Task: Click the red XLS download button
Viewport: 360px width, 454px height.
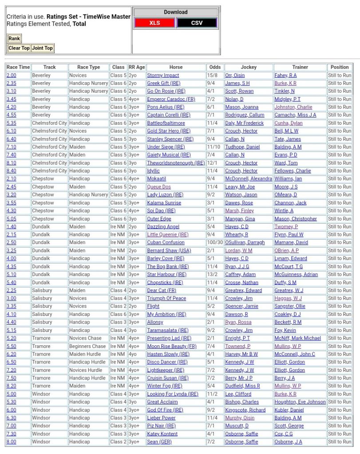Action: (x=154, y=23)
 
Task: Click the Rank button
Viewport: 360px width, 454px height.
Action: (x=14, y=39)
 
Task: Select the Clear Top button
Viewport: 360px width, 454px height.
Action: (x=19, y=48)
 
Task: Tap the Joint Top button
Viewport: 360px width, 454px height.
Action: (x=42, y=48)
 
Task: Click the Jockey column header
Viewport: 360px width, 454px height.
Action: (x=249, y=67)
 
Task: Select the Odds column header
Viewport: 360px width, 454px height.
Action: (x=214, y=67)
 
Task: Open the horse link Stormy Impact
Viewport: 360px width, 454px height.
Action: (x=163, y=75)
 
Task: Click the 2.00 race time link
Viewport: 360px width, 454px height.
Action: (x=11, y=75)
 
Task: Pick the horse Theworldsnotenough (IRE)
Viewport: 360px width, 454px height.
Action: (x=176, y=163)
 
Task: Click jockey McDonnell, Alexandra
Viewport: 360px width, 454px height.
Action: (x=249, y=179)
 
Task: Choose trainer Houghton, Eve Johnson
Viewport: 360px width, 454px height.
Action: (x=300, y=402)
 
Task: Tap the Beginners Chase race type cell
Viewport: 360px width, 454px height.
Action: (x=87, y=346)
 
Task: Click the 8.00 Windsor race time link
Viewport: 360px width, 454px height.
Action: (x=11, y=442)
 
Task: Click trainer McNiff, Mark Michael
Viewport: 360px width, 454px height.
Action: (x=297, y=338)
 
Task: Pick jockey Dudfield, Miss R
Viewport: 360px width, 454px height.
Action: (x=243, y=386)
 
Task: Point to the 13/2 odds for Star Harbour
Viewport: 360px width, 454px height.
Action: (x=212, y=275)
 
